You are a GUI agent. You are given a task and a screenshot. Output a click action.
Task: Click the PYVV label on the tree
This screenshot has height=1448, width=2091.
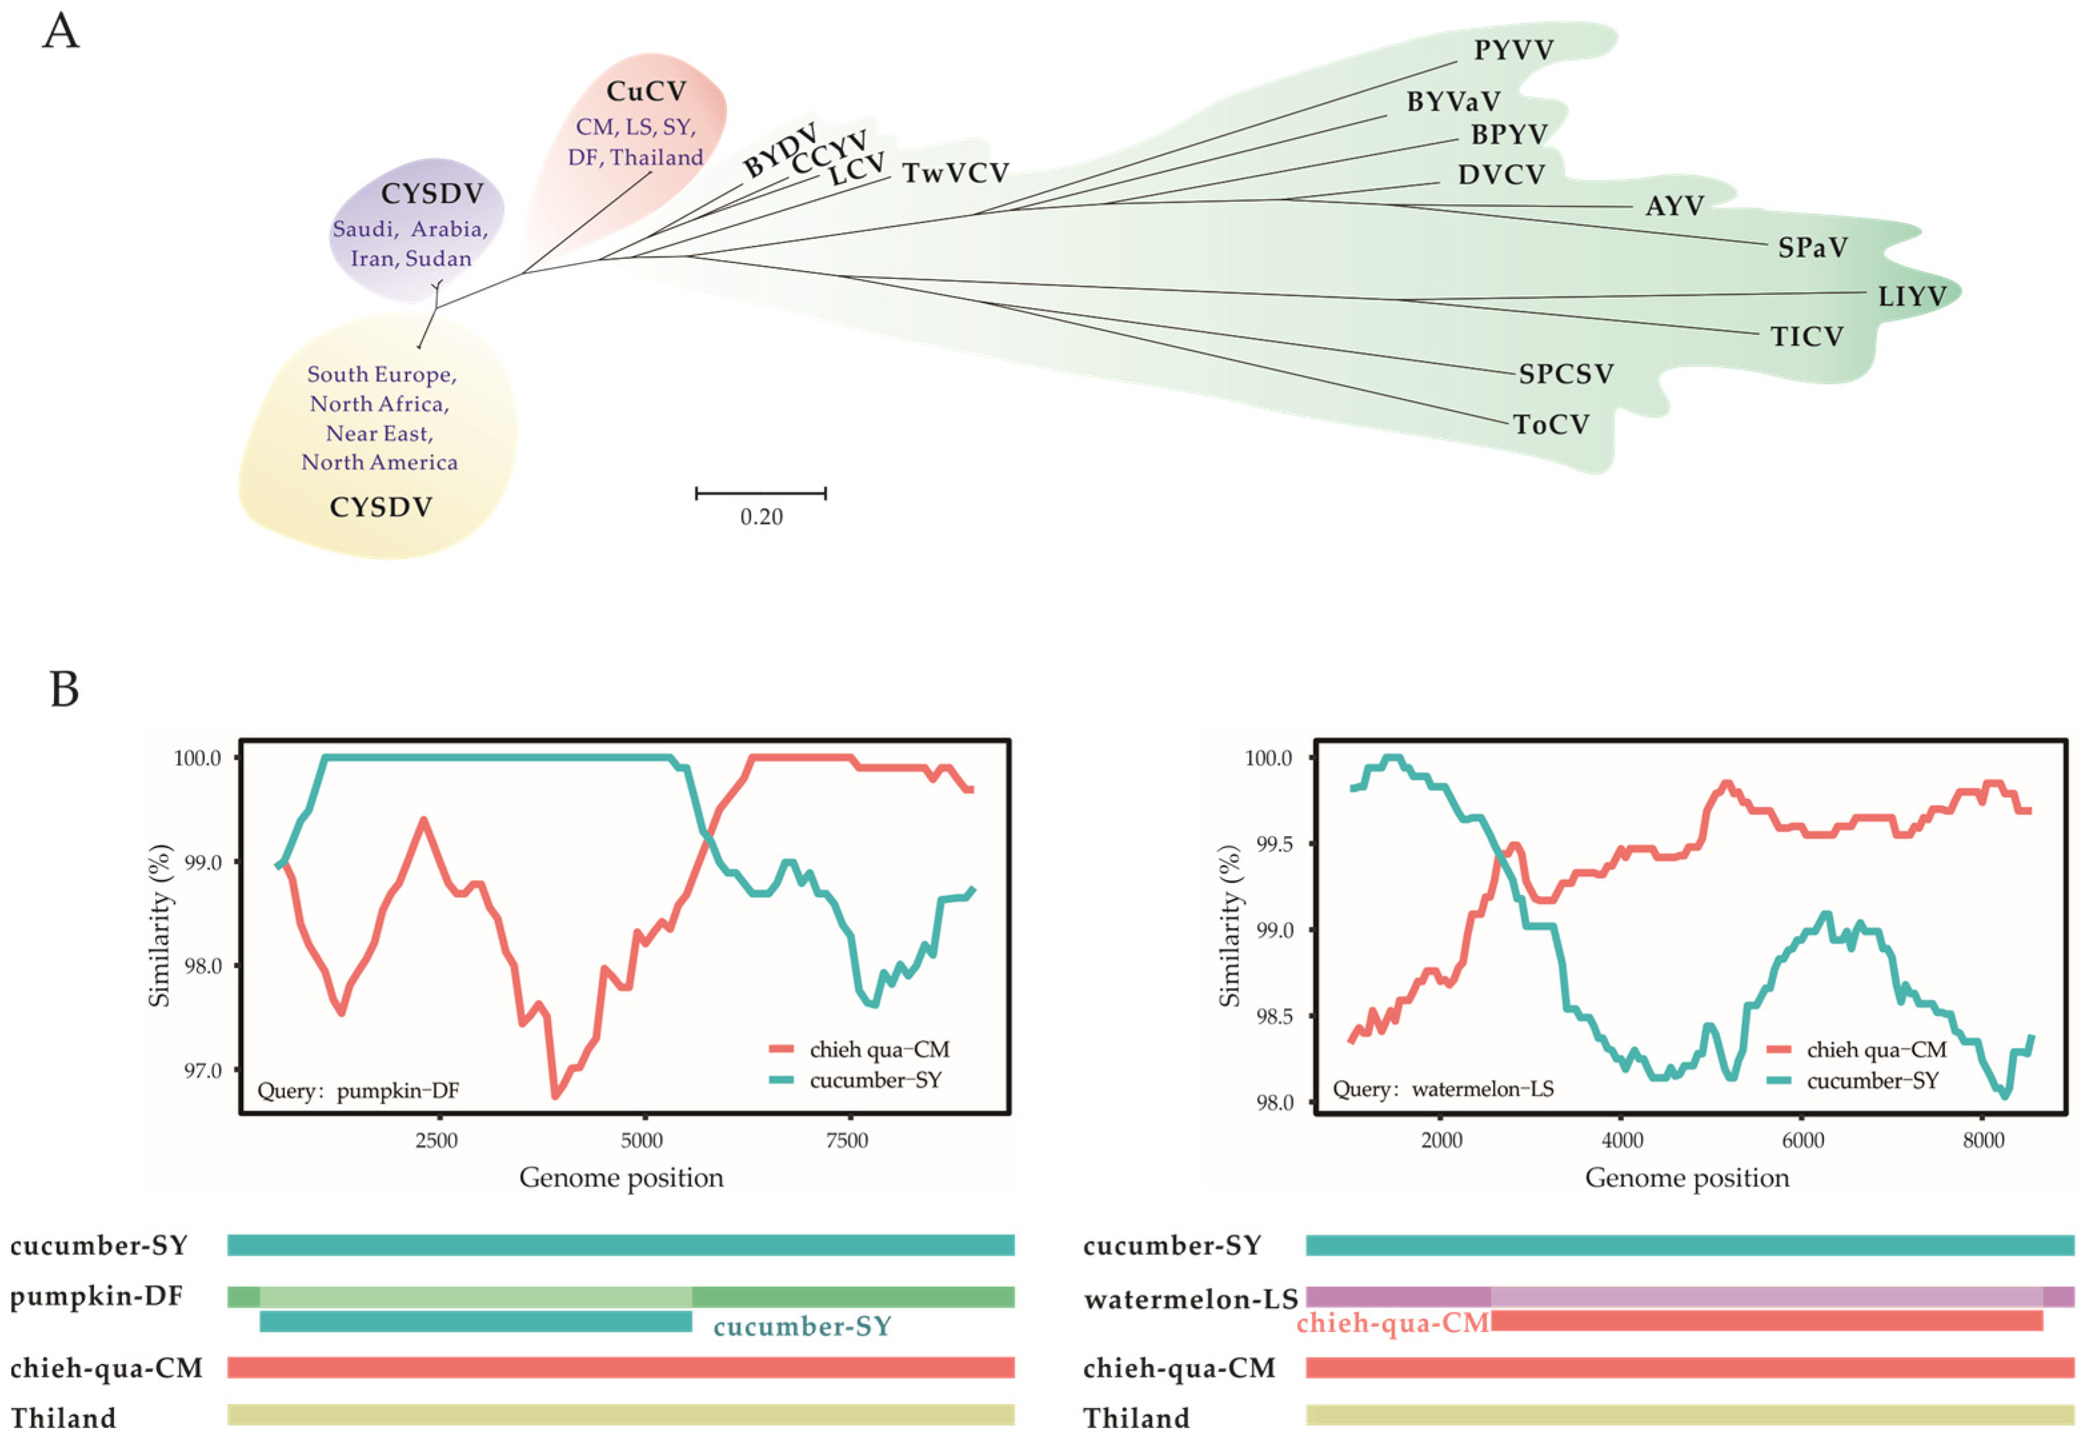[1513, 50]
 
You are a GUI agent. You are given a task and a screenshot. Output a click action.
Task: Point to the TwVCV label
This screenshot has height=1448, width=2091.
[956, 173]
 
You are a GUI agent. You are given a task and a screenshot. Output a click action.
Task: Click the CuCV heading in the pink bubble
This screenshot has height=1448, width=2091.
[646, 92]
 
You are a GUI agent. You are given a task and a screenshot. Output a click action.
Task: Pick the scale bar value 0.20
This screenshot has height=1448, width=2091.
[761, 517]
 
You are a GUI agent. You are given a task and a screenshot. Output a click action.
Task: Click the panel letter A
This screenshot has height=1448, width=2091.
[61, 32]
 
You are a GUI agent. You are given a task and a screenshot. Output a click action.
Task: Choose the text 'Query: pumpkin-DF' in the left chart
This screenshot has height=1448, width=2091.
[358, 1090]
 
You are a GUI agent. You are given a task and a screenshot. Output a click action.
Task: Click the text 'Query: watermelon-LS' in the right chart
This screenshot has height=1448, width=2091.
[1442, 1088]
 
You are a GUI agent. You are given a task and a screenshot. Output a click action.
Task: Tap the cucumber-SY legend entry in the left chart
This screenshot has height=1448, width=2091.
[875, 1081]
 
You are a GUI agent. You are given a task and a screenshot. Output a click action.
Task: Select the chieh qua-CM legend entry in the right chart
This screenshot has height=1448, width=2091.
[1876, 1050]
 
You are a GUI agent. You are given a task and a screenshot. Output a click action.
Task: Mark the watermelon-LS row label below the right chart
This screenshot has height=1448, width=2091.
[1190, 1300]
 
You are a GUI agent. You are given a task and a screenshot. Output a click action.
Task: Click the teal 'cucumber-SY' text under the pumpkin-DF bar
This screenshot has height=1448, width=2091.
[802, 1327]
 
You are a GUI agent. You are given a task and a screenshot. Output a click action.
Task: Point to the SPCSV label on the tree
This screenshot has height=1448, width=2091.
[1565, 373]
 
